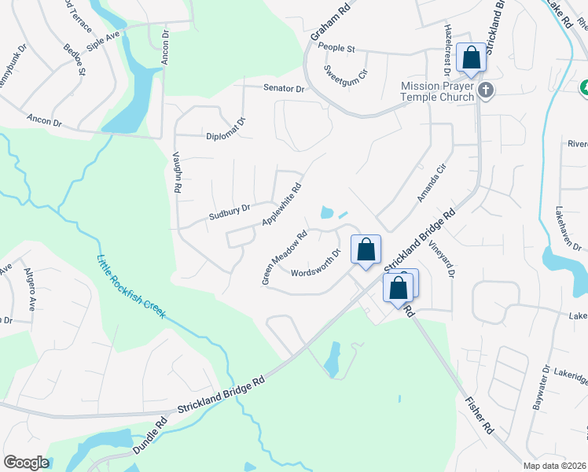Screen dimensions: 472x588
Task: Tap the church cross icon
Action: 485,91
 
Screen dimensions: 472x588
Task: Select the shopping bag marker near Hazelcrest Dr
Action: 470,57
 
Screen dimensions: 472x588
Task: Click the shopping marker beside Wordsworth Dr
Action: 366,251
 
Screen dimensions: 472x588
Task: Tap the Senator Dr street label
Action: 284,89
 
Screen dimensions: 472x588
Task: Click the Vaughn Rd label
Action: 178,173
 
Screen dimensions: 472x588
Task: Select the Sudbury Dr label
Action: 229,210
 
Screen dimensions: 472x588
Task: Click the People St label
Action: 337,48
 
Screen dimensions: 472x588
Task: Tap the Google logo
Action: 26,463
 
